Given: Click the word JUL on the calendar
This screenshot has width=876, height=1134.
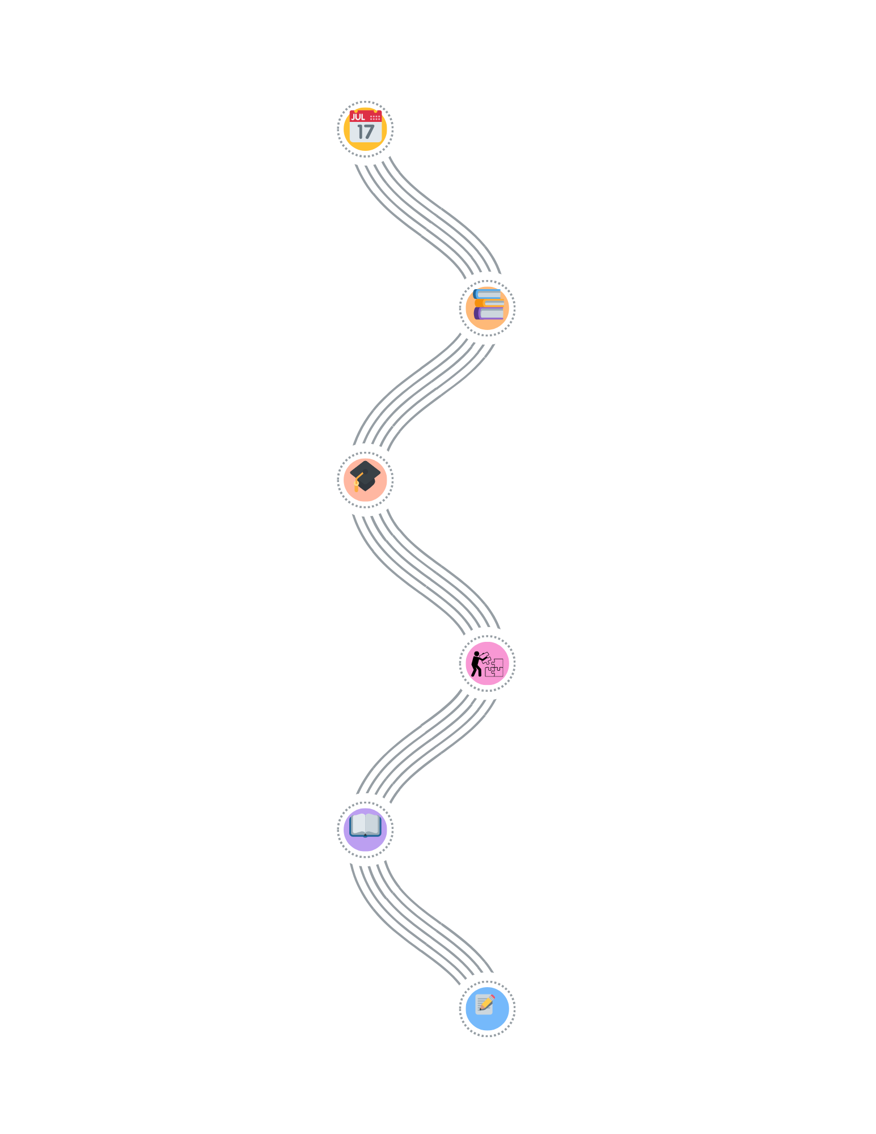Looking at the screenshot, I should pyautogui.click(x=358, y=117).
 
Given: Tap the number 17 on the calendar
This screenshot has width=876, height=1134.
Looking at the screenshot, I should pyautogui.click(x=366, y=132).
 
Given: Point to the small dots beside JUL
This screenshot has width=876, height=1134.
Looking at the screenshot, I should pyautogui.click(x=375, y=118).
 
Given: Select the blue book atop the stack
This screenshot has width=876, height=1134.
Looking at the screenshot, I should pyautogui.click(x=487, y=294).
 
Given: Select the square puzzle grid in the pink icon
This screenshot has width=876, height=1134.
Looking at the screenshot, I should pyautogui.click(x=494, y=668).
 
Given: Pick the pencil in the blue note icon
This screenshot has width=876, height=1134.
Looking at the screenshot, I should pyautogui.click(x=486, y=1002).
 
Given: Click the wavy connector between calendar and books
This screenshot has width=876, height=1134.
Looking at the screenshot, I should pyautogui.click(x=426, y=218).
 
